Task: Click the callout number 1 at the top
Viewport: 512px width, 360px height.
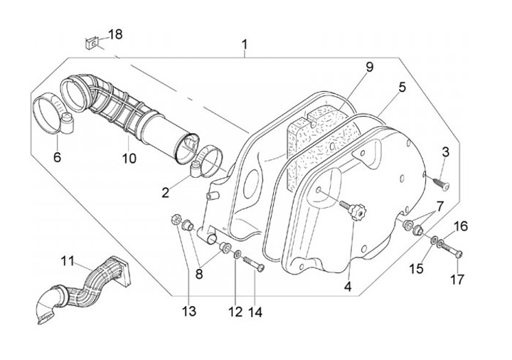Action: tap(244, 46)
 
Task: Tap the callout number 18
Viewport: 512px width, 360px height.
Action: tap(115, 35)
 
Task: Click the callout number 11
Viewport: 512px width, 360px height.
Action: tap(67, 261)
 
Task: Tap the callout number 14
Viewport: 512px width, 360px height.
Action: tap(255, 311)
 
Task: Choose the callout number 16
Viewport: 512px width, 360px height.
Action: tap(461, 226)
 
